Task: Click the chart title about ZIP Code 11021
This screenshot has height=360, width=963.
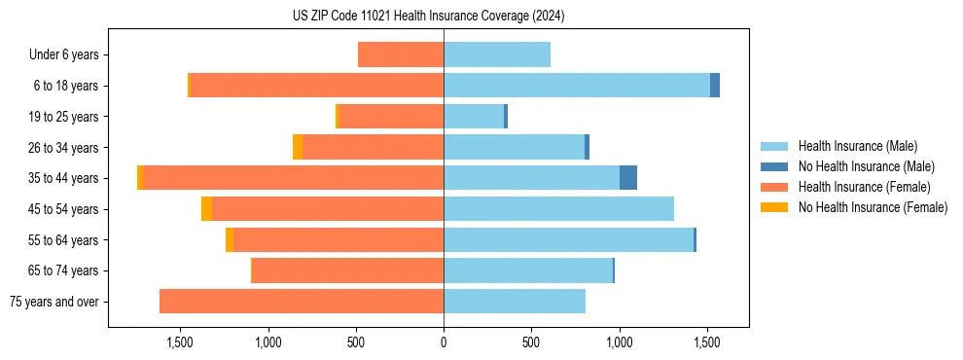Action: (428, 17)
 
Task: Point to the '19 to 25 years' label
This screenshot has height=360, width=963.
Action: (62, 117)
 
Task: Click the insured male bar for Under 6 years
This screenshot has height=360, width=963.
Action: (497, 54)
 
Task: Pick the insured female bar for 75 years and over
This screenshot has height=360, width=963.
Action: (302, 302)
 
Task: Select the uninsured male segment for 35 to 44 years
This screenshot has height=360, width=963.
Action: (628, 178)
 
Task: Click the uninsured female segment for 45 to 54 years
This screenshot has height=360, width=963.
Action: (206, 209)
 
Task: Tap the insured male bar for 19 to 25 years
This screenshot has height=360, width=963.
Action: (474, 117)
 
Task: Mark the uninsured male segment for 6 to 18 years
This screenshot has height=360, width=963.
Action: (715, 86)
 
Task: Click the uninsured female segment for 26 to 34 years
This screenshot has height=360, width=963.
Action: (298, 147)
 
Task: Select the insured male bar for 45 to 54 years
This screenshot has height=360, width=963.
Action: (558, 209)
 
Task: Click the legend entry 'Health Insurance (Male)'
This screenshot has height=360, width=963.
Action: (857, 146)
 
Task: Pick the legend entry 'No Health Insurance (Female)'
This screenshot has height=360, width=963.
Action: (873, 207)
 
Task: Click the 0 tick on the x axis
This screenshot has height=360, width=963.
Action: (444, 342)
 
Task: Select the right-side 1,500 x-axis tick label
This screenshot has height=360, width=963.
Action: (707, 342)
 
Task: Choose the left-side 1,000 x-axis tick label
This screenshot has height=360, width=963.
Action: (267, 342)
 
